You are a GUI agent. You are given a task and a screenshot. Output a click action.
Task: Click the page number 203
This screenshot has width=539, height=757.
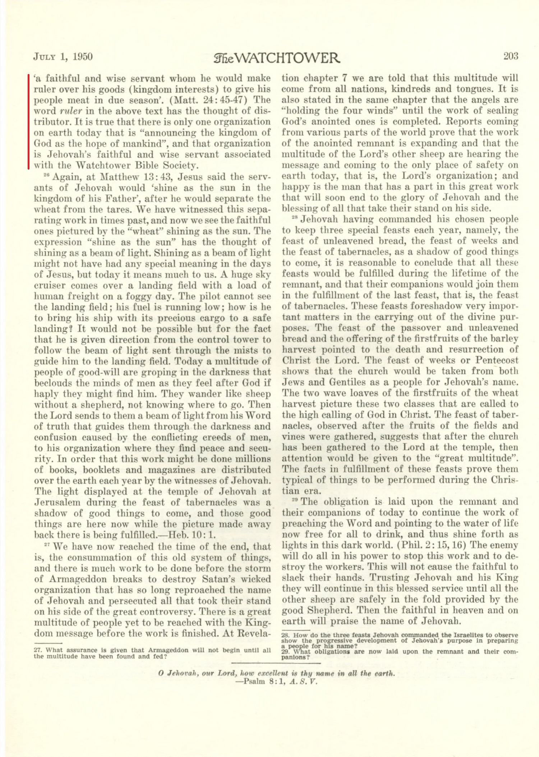click(x=511, y=56)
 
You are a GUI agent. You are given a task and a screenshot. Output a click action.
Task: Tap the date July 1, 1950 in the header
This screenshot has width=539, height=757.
click(x=63, y=57)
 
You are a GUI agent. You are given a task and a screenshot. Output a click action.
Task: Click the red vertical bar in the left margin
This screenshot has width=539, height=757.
click(x=28, y=121)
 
